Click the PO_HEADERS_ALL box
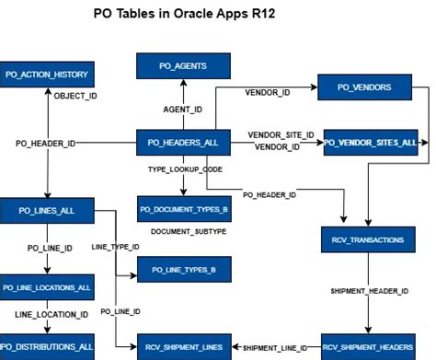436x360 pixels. (x=183, y=143)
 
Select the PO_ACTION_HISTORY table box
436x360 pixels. (x=47, y=75)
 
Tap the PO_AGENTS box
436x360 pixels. (x=183, y=66)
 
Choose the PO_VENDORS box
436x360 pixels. (x=365, y=87)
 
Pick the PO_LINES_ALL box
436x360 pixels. (x=47, y=211)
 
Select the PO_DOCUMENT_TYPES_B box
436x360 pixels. (x=183, y=209)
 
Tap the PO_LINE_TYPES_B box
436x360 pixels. (x=183, y=269)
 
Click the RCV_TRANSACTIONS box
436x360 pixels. (x=367, y=239)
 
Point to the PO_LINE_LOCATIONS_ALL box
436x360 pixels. (x=47, y=287)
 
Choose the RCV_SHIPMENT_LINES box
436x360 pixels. (x=183, y=347)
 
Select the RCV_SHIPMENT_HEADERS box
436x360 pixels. (x=367, y=347)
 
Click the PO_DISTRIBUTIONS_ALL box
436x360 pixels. (x=47, y=347)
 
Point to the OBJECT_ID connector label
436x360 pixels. (x=76, y=96)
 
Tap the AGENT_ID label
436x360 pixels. (x=183, y=110)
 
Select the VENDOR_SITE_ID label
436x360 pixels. (x=281, y=134)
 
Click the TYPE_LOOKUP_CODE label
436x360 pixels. (x=185, y=170)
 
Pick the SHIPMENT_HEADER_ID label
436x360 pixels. (x=369, y=291)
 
